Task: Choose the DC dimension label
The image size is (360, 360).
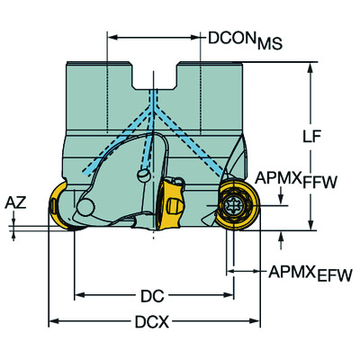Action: [153, 294]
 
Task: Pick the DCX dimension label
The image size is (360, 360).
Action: [153, 321]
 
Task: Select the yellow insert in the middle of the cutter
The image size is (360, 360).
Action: [171, 206]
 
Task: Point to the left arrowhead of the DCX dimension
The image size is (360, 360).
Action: [52, 321]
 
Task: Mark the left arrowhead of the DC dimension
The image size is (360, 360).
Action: [78, 294]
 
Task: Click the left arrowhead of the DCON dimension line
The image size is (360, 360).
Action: [111, 39]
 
